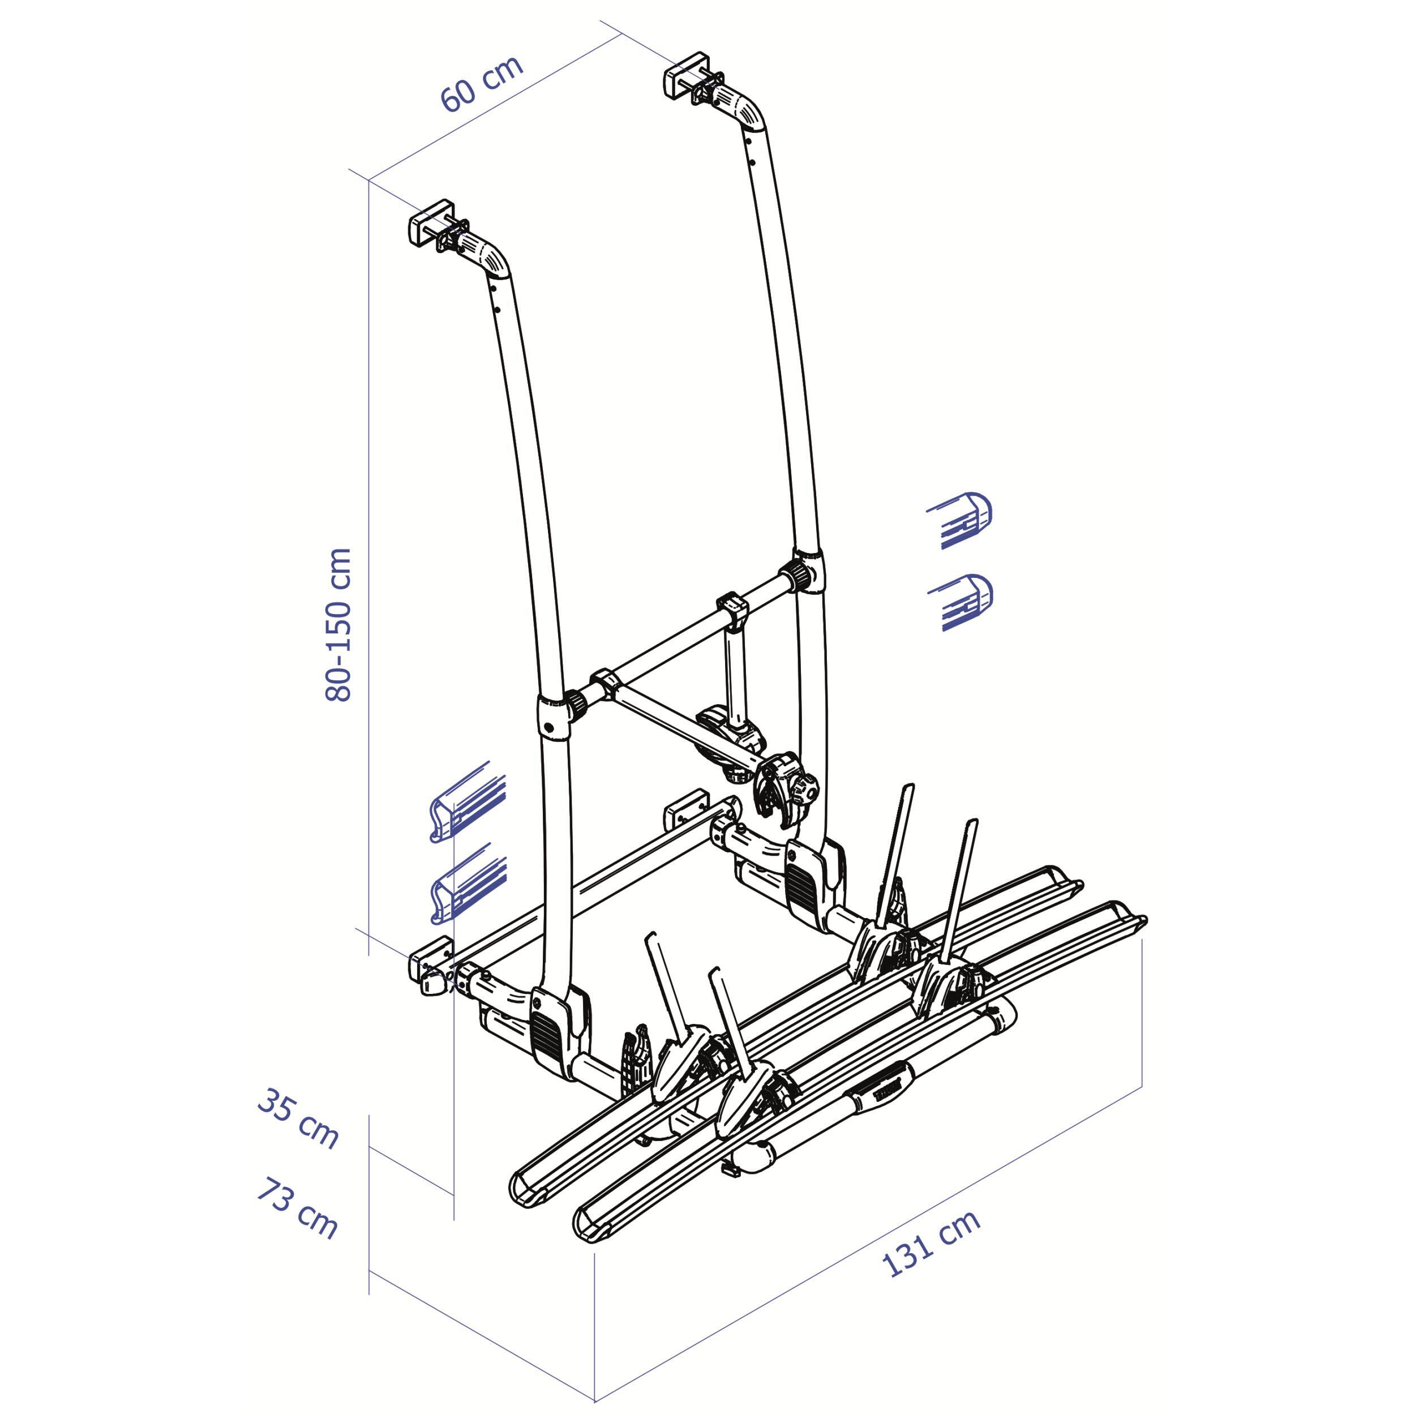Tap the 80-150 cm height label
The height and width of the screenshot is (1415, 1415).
[339, 624]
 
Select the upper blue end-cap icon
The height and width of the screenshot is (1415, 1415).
[959, 520]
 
